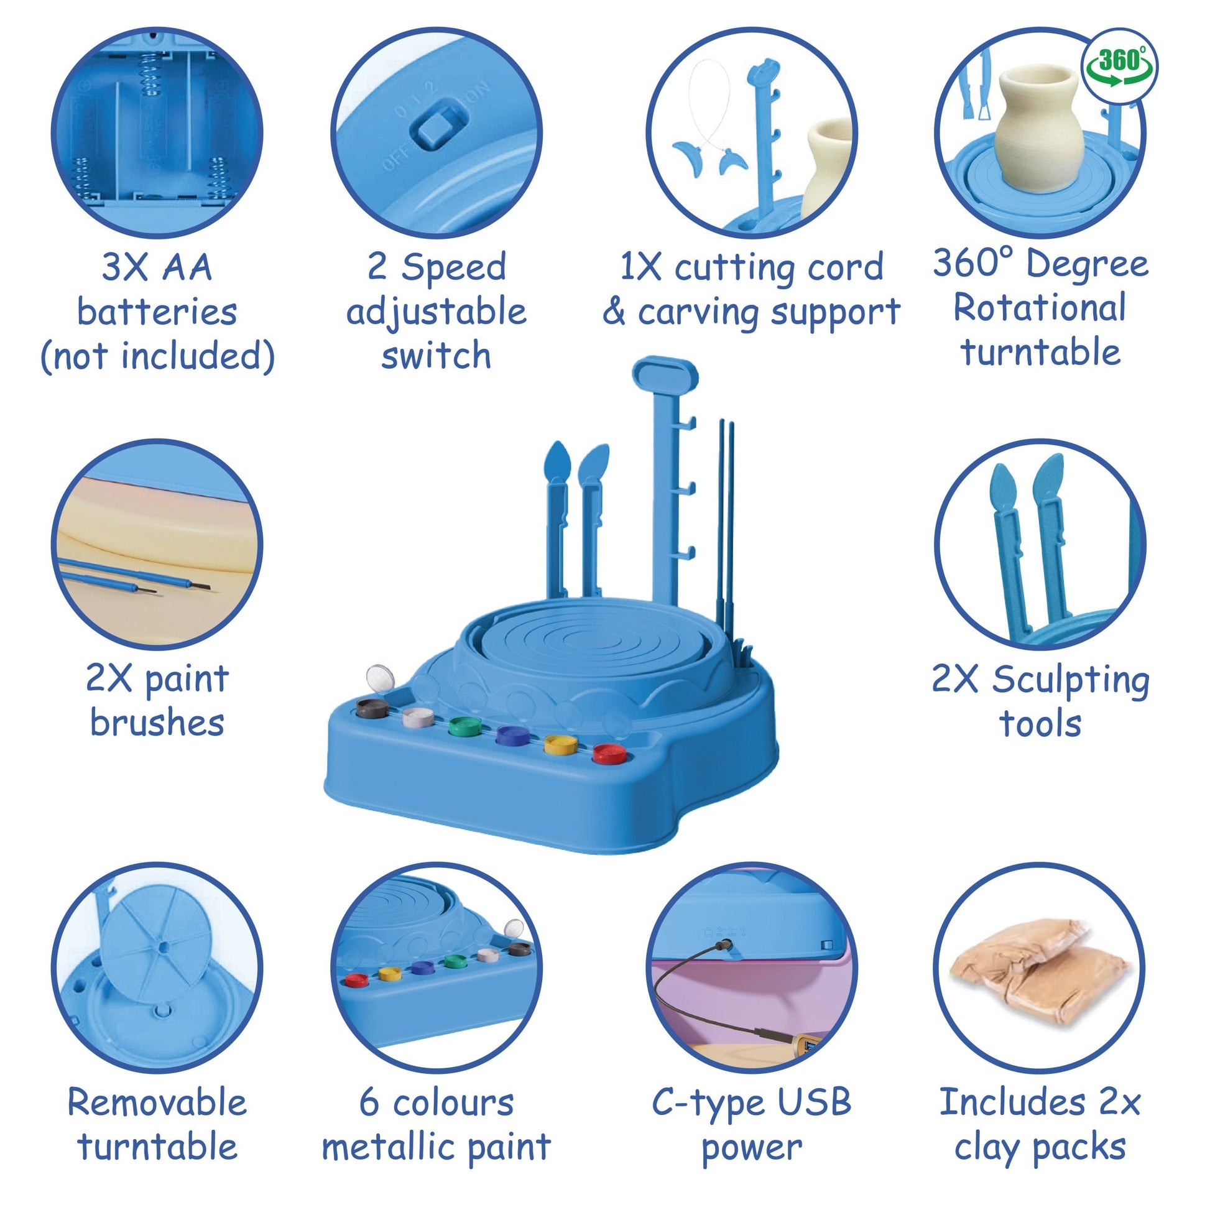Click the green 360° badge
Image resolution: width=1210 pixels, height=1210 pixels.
pos(1120,65)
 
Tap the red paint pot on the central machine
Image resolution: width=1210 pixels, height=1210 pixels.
pos(609,754)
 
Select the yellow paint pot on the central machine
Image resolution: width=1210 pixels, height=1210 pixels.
pos(560,744)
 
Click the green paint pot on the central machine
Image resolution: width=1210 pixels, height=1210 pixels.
pos(466,727)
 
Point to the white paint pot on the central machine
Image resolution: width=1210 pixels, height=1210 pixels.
pos(418,718)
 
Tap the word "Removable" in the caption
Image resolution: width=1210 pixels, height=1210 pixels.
pos(157,1102)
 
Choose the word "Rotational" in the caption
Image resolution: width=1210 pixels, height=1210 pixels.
pos(1040,308)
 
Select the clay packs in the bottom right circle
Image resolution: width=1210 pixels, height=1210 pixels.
pos(1040,972)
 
